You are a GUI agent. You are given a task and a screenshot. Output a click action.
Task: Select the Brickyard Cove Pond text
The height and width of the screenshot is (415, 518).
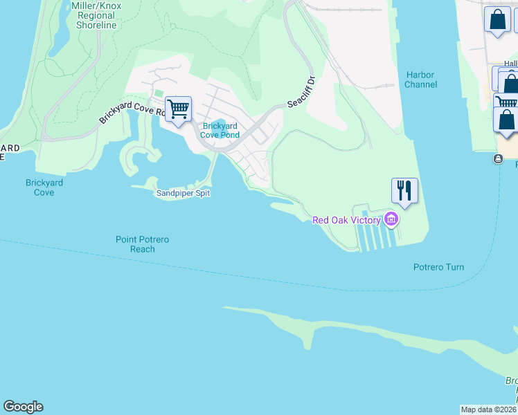coord(221,130)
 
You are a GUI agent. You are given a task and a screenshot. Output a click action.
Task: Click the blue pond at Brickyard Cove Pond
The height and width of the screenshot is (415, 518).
coord(218,125)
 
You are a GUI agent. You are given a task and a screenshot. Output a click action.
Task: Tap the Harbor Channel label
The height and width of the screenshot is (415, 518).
coord(421,80)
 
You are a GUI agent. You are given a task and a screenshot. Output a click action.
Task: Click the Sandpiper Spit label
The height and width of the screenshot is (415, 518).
coord(182,193)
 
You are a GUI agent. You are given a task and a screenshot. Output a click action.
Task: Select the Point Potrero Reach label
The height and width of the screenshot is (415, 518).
coord(143,244)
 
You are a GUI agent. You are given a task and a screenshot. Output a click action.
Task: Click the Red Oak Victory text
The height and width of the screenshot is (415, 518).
coord(346,220)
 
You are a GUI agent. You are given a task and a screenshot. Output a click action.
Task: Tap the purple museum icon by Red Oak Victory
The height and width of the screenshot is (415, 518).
coord(391,220)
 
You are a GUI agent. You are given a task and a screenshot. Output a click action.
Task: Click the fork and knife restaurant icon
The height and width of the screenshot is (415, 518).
coord(404,190)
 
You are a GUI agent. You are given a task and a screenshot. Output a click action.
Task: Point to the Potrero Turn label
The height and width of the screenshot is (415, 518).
coord(438,267)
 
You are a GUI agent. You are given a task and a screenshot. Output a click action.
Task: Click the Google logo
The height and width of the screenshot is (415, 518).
coord(23,407)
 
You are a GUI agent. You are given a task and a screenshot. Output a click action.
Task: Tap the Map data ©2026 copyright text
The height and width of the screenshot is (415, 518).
coord(488,409)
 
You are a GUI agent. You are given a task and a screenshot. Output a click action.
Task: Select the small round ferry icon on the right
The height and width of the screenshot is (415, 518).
coord(498,159)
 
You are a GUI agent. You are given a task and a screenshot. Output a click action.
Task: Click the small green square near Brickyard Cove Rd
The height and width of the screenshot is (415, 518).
coord(159,93)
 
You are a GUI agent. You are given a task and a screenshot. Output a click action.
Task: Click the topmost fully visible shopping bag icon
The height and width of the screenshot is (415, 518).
coord(497,19)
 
